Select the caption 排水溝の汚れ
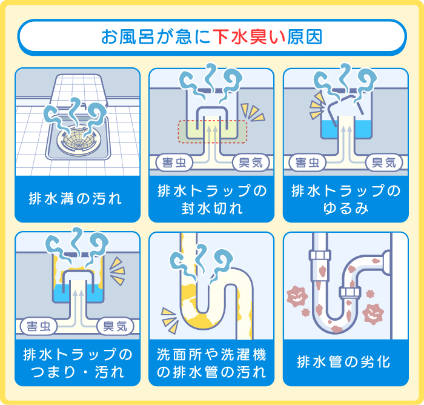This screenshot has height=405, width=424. pyautogui.click(x=76, y=198)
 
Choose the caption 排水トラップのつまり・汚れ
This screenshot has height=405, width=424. pyautogui.click(x=77, y=363)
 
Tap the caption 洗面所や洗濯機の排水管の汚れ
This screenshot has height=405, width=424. pyautogui.click(x=211, y=363)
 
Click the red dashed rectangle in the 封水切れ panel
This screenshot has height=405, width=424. pyautogui.click(x=212, y=132)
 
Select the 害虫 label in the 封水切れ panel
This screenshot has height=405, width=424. pyautogui.click(x=174, y=162)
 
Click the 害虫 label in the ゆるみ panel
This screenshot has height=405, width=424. pyautogui.click(x=308, y=162)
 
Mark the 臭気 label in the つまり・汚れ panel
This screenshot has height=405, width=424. pyautogui.click(x=116, y=326)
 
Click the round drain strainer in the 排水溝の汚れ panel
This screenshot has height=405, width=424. pyautogui.click(x=76, y=138)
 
